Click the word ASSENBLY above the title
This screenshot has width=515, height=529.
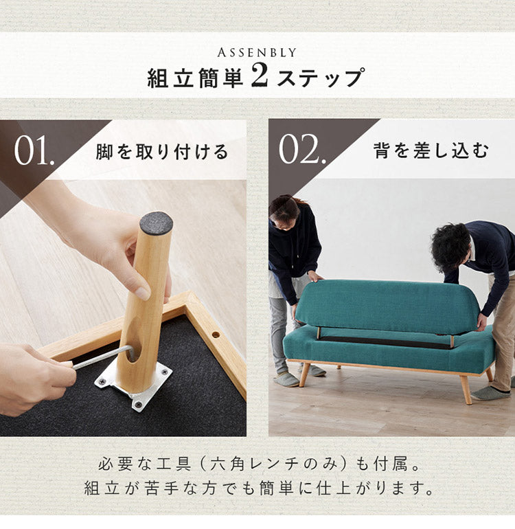(x=257, y=53)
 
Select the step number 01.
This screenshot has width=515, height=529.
(x=34, y=150)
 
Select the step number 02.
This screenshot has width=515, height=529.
(x=302, y=149)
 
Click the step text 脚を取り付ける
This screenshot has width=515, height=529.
(x=162, y=152)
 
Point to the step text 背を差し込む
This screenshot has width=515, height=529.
(x=431, y=150)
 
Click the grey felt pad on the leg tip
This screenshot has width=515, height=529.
(x=156, y=223)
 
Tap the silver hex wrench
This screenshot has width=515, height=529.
(x=102, y=358)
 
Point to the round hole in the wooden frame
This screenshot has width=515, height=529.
(x=216, y=335)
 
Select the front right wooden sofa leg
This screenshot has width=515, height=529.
(x=466, y=390)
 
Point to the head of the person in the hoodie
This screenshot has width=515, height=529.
(x=284, y=212)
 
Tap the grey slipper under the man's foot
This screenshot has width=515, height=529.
(x=490, y=393)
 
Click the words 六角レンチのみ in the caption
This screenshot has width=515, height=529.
(x=273, y=464)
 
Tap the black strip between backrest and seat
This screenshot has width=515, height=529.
(x=385, y=341)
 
